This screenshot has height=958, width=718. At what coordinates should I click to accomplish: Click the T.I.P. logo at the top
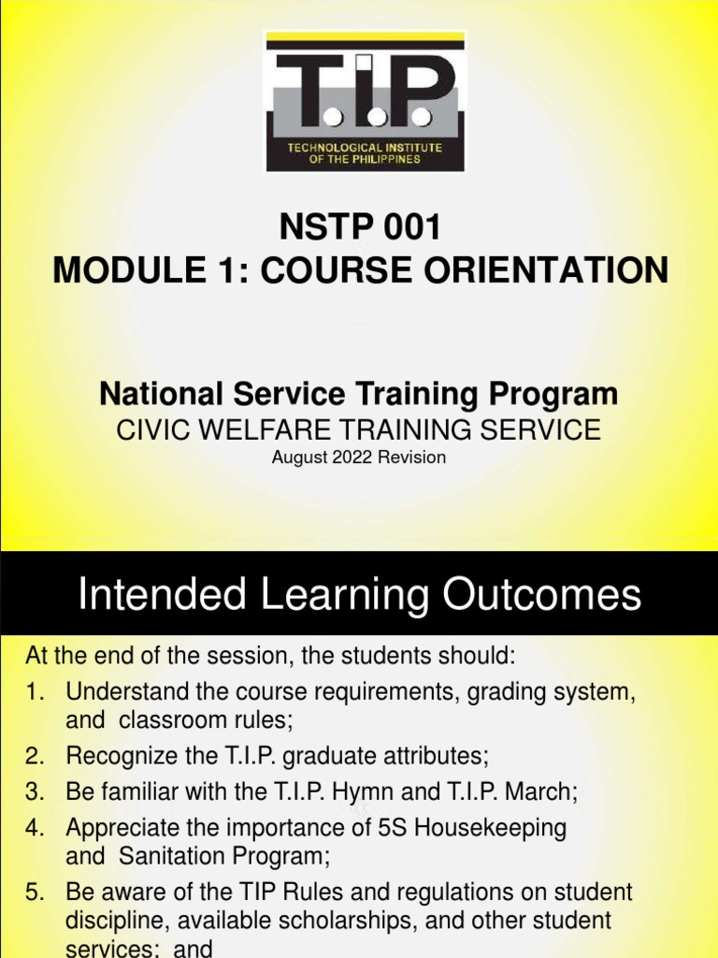coord(365,101)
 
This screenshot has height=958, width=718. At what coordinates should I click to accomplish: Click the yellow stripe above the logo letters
coord(365,40)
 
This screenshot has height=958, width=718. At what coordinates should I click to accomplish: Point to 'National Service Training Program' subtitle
coord(359,394)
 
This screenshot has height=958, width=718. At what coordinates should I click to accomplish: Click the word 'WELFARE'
coord(278,429)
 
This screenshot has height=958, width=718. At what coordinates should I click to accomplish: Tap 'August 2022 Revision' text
coord(359,457)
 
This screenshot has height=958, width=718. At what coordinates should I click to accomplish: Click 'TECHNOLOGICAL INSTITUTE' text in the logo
coord(365,148)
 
